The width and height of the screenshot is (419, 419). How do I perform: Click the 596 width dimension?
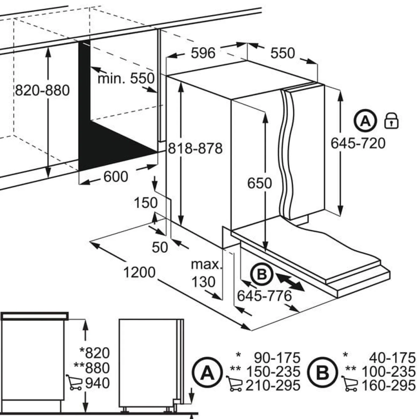pos(203,53)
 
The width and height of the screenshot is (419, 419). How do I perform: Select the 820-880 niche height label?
pos(42,90)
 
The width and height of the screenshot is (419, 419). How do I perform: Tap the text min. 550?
pos(126,78)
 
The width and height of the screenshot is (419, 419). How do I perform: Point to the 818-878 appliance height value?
pos(195,148)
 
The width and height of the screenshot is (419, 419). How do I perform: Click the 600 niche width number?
pos(116,176)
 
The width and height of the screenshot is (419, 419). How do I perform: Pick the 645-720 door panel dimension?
pos(358,143)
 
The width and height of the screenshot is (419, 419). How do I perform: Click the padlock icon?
pos(391,121)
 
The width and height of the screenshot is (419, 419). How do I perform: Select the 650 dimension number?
pos(259,183)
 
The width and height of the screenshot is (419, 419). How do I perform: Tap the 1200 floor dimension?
pos(139,272)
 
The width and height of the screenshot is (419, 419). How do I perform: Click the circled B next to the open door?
pos(262,274)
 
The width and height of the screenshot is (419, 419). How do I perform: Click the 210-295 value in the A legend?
pos(273,385)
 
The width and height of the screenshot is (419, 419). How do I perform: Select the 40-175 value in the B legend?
pos(392,358)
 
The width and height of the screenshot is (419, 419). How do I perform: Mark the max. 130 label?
pos(206,273)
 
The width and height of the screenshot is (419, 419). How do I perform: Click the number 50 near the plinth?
pos(160,247)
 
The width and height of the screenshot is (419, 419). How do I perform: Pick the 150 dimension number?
pos(146,203)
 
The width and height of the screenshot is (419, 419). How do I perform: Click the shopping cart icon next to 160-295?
pos(350,384)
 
